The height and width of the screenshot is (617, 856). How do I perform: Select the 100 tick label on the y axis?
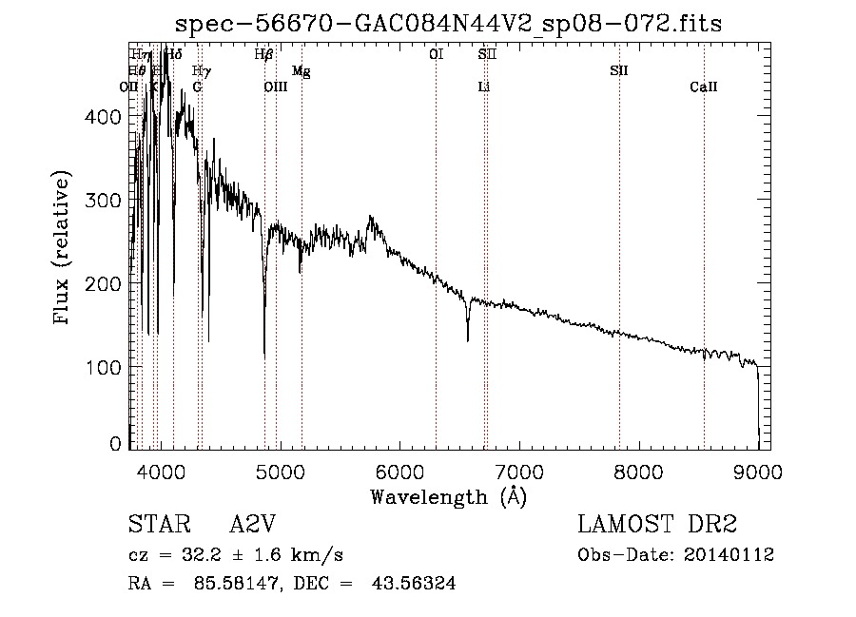(x=107, y=367)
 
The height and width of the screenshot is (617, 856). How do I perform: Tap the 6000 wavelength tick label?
(x=399, y=472)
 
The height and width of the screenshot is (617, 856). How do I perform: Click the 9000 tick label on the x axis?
(x=758, y=472)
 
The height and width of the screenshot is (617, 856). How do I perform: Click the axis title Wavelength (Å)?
(x=448, y=496)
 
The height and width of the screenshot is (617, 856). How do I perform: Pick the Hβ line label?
(x=264, y=55)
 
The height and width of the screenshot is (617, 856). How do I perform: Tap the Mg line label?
(x=301, y=71)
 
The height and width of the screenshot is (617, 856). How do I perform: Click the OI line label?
(x=436, y=55)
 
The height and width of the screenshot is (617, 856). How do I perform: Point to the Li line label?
(x=483, y=87)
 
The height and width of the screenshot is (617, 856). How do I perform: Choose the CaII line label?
(x=703, y=87)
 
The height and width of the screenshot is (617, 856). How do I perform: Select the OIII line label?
(x=275, y=87)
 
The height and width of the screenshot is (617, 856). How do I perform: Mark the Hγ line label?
(x=201, y=71)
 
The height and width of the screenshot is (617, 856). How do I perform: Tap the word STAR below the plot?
(x=156, y=526)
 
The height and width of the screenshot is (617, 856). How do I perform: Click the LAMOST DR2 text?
(x=657, y=526)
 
